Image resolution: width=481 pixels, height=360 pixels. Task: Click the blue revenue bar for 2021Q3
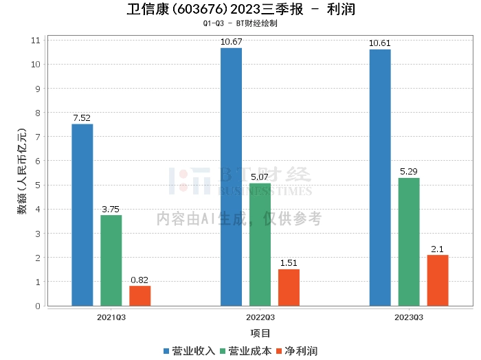point(82,214)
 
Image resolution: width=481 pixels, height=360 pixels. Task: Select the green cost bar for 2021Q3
point(111,260)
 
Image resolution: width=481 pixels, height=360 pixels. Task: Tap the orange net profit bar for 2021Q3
point(140,295)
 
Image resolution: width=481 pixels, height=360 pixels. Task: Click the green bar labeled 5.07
point(260,245)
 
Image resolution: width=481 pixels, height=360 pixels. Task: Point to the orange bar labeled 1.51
point(289,287)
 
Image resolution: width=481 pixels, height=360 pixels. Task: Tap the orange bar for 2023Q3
point(438,280)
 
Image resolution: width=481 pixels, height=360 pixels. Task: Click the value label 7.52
point(82,117)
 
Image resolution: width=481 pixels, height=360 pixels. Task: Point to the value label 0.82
point(139,280)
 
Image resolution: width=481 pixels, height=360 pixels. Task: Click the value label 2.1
point(438,249)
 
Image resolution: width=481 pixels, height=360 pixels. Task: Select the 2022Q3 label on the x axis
point(260,317)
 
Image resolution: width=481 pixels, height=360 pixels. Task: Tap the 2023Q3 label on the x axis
point(409,317)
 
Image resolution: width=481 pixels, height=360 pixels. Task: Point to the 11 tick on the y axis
point(36,41)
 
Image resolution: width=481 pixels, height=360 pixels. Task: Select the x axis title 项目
point(260,333)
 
